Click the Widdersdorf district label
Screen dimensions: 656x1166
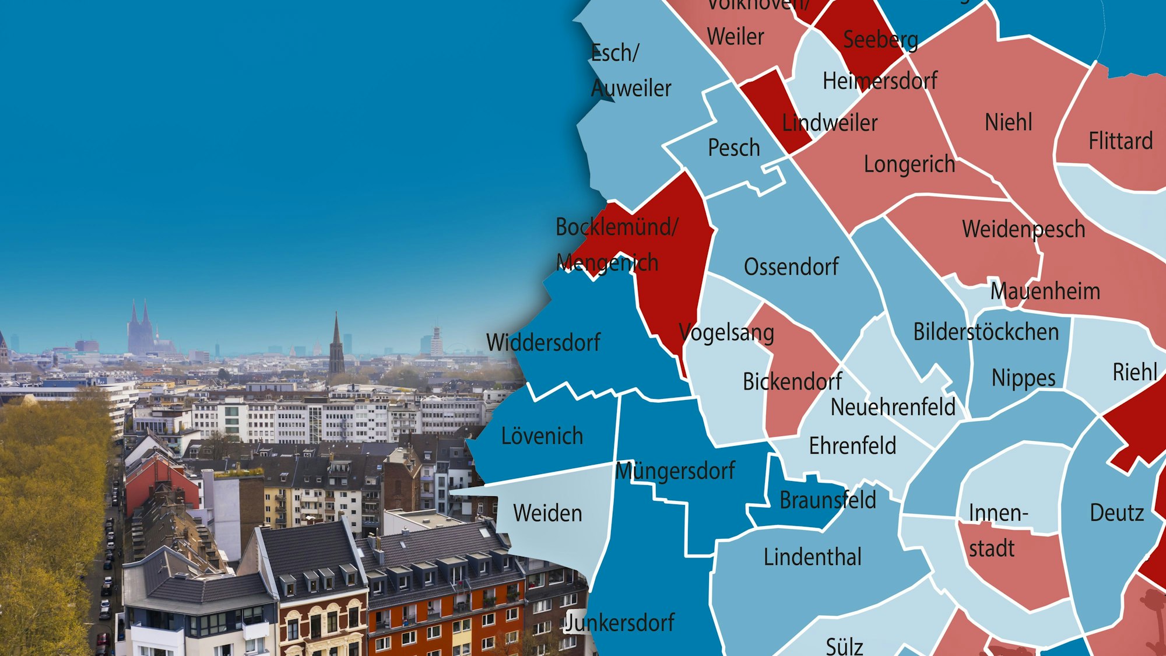click(543, 342)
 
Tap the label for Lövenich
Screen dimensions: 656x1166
click(542, 436)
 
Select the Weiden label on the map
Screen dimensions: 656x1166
click(547, 513)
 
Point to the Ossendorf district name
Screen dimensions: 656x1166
click(791, 267)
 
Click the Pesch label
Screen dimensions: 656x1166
click(734, 148)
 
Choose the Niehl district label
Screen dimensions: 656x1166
click(1008, 122)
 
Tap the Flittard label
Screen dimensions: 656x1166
click(1121, 141)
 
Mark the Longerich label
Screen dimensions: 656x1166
click(909, 164)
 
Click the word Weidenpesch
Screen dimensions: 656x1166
click(1023, 229)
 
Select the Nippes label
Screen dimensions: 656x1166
click(1023, 378)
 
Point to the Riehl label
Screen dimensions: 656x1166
click(1135, 372)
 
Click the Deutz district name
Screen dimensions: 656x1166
click(1116, 513)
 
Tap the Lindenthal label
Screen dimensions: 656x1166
click(812, 557)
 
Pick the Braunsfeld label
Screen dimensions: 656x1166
click(827, 500)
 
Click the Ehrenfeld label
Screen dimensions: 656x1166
click(852, 446)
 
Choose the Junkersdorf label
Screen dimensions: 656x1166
click(620, 623)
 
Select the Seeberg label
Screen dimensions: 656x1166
click(880, 40)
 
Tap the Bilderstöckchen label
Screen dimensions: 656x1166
click(985, 332)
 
